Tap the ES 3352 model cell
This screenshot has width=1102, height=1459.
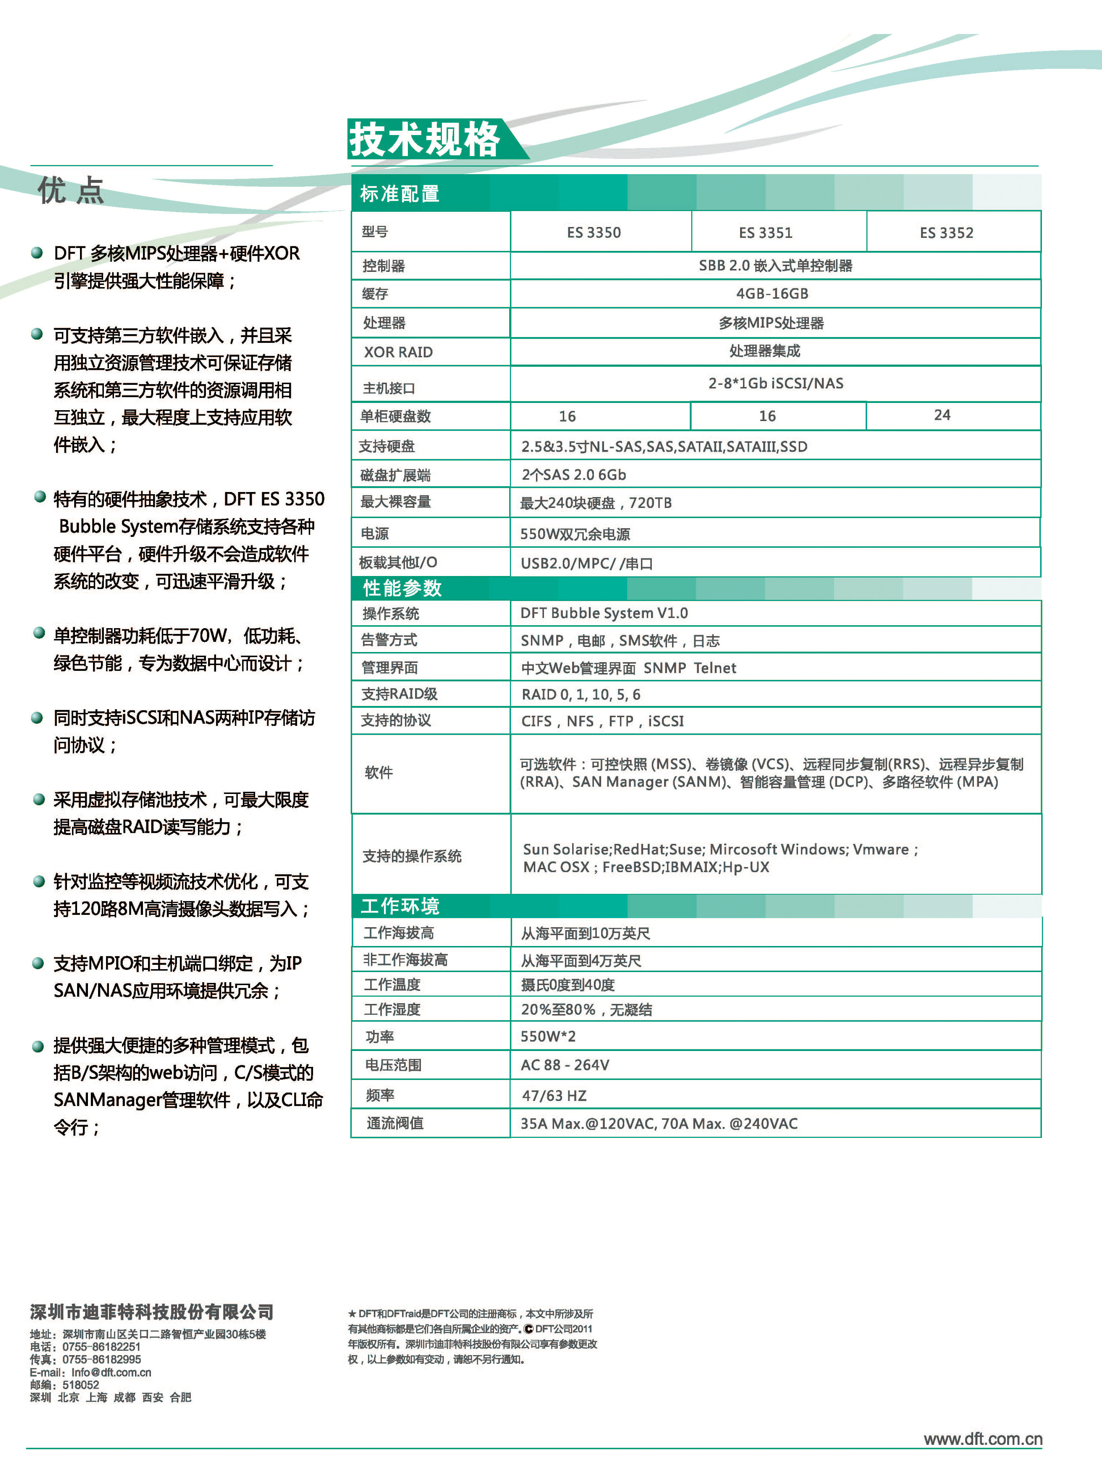pos(946,232)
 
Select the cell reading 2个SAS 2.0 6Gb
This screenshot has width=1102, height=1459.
pos(574,474)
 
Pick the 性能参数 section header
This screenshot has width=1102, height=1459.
pos(402,588)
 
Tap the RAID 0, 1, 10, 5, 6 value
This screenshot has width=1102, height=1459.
pos(580,694)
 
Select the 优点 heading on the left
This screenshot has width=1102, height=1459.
pos(71,191)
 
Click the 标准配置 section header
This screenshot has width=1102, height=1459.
pos(400,193)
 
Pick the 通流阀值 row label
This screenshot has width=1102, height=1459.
pos(395,1123)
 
